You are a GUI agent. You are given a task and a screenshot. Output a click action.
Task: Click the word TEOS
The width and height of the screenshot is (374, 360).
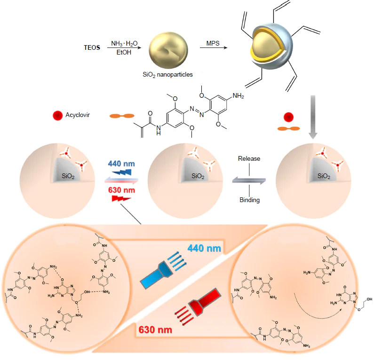[91, 47]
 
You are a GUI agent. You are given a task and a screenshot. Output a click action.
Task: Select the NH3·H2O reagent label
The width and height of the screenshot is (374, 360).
[124, 43]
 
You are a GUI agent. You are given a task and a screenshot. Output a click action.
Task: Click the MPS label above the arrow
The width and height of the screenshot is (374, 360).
[213, 44]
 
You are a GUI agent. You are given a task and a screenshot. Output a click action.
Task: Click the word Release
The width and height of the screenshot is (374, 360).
[249, 158]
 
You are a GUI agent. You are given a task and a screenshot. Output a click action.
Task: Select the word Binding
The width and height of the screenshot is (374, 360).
[249, 200]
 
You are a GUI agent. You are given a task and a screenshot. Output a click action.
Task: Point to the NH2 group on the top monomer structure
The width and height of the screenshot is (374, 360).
[239, 96]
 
